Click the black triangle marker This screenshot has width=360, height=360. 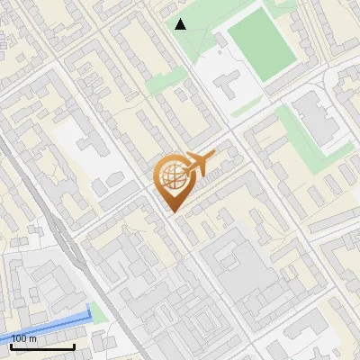181,24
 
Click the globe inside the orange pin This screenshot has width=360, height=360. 171,177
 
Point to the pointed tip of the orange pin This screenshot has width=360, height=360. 171,211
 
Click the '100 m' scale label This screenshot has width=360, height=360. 24,337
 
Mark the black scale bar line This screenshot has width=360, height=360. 42,346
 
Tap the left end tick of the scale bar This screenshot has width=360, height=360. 12,345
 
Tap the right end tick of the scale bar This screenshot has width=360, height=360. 74,345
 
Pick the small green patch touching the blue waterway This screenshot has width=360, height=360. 98,314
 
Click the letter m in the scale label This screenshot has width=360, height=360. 33,337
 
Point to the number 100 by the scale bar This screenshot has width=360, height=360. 19,337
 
